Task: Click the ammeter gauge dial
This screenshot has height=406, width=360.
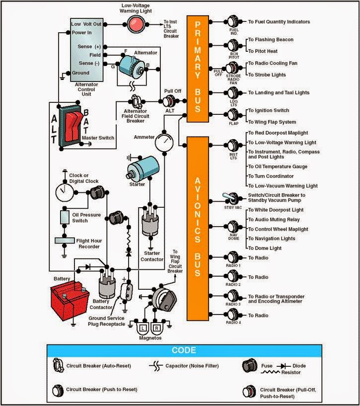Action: (163, 142)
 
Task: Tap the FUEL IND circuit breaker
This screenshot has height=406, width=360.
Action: (233, 22)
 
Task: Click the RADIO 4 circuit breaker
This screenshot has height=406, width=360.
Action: (232, 316)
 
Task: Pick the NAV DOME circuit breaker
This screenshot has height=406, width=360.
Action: (232, 229)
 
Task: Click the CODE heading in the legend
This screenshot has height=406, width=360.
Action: (183, 350)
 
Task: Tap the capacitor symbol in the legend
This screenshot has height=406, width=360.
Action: (156, 366)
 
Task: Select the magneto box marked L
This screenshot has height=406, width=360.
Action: (142, 328)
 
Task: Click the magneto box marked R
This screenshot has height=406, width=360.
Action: (157, 328)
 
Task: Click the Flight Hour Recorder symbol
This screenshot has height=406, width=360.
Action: (64, 241)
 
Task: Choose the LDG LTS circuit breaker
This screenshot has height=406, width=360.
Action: (232, 93)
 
